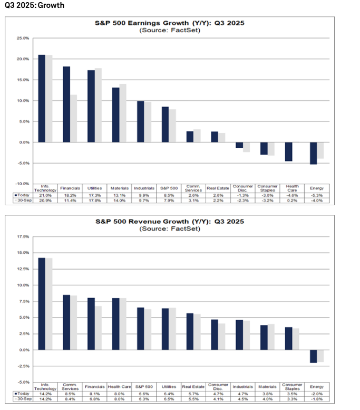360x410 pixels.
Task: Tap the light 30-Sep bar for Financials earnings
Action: tap(73, 118)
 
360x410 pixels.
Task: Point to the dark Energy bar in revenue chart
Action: tap(313, 356)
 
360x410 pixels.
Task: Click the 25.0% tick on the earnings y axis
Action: tap(23, 39)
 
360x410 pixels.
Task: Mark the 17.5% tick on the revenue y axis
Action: tap(23, 237)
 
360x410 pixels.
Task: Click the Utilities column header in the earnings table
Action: tap(95, 188)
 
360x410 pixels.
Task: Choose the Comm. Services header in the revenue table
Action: tap(70, 387)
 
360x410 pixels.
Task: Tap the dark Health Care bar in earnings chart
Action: tap(288, 151)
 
